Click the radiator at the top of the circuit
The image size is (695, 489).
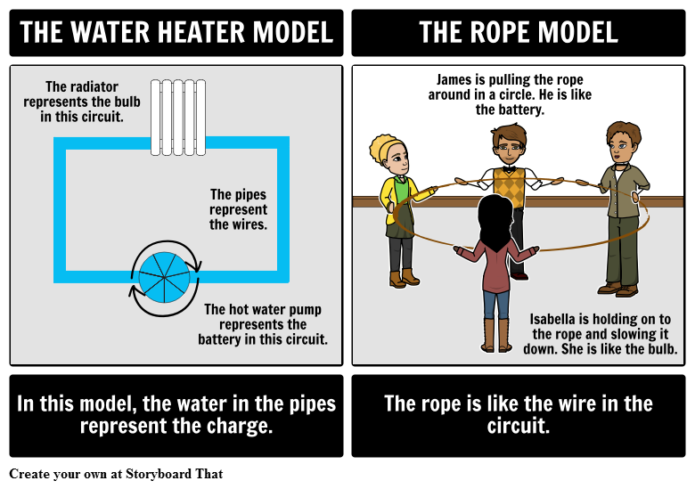coord(178,117)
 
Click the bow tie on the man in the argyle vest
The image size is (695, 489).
coord(509,167)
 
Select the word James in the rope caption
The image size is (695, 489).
coord(454,79)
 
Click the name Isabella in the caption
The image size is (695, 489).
coord(558,319)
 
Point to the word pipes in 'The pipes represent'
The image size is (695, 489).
coord(250,194)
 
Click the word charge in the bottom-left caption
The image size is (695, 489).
coord(236,426)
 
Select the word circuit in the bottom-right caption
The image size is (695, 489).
coord(519,426)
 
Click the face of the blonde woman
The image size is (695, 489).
coord(397,159)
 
